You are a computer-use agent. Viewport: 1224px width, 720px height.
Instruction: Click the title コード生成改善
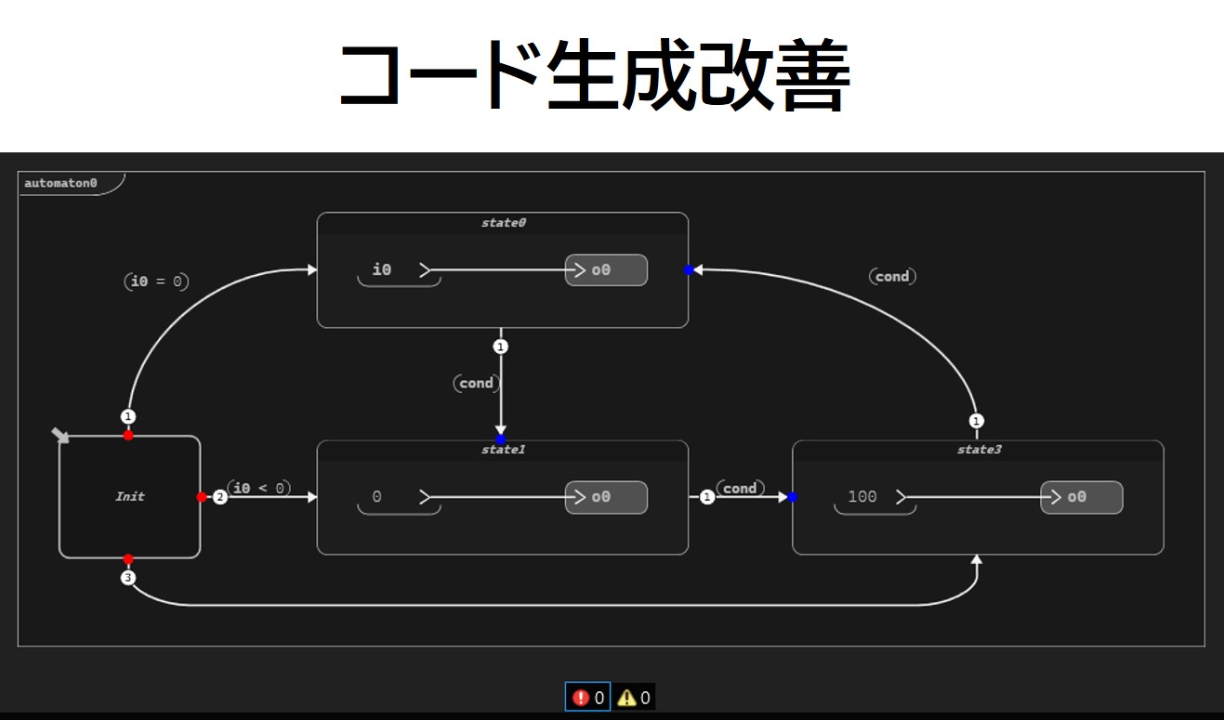coord(594,77)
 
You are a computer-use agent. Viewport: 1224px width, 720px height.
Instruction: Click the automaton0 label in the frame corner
coord(60,183)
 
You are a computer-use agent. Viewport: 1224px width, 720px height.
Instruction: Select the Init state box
coord(130,496)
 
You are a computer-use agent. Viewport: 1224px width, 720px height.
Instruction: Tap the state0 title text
coord(503,223)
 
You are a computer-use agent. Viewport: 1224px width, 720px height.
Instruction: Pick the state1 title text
coord(503,450)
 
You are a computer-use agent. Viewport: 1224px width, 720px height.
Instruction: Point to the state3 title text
coord(977,450)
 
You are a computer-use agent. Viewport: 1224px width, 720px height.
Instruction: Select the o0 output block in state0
coord(606,270)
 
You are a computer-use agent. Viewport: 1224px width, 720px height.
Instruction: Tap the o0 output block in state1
coord(606,497)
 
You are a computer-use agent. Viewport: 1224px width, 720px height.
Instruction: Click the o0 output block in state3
coord(1081,497)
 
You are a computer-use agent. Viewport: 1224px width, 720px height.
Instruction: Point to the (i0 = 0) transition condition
coord(156,281)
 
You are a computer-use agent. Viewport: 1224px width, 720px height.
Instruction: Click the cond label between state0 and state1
coord(477,383)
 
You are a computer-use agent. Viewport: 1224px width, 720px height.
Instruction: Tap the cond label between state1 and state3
coord(740,488)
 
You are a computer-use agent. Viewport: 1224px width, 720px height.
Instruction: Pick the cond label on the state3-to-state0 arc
coord(892,276)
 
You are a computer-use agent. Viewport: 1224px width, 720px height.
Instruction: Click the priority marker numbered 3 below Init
coord(128,579)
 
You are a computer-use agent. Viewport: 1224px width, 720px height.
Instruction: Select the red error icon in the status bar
coord(582,698)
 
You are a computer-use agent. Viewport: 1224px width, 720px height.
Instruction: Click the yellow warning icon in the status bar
coord(626,698)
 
